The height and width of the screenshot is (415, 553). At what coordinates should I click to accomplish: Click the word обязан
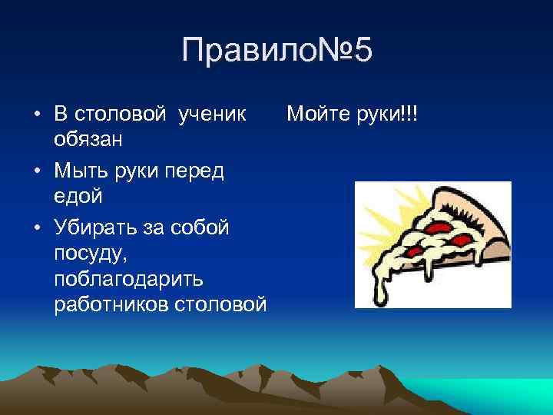tap(92, 140)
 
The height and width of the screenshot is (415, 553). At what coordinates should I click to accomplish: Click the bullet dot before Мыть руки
tap(37, 172)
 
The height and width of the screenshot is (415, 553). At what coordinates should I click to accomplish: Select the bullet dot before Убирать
tap(37, 229)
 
